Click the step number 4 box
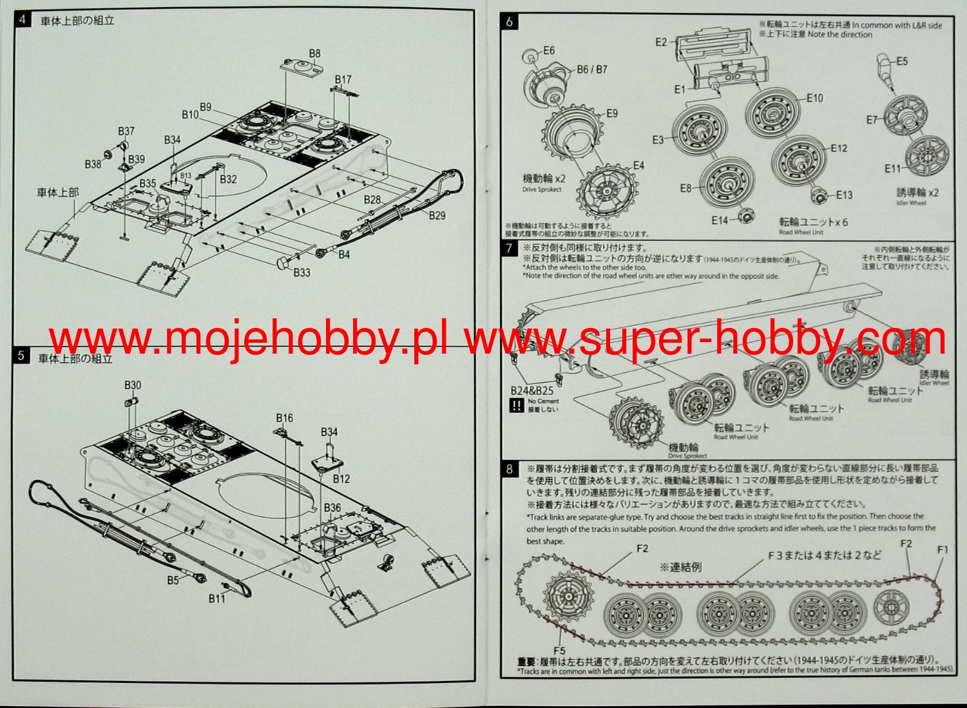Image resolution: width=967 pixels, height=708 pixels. point(23,19)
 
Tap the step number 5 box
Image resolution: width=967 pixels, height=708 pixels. point(21,356)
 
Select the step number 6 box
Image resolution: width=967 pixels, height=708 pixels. point(510,21)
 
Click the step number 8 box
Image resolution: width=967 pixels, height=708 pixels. point(510,469)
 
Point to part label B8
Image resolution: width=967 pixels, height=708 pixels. point(314,54)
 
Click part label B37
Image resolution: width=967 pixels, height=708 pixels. point(126,131)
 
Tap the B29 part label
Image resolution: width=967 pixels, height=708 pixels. point(437,215)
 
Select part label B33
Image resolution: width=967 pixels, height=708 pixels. point(302,273)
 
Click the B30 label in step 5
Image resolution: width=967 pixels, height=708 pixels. point(133,385)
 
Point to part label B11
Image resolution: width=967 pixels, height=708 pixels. point(217,599)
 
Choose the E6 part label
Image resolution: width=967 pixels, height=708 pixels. point(549,51)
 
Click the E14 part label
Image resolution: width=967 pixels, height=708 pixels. point(720,220)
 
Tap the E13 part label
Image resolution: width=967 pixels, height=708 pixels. point(844,195)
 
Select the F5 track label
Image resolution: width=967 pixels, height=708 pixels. point(559,651)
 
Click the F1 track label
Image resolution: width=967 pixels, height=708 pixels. point(943,550)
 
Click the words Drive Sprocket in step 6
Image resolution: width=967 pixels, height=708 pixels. point(542,190)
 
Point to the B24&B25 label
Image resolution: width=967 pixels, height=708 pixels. point(532,391)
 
